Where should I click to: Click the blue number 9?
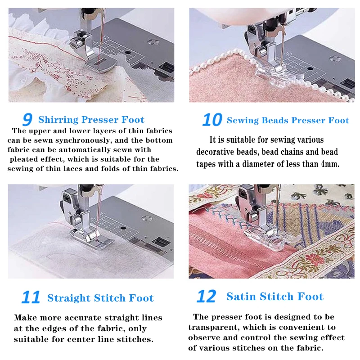click(27, 120)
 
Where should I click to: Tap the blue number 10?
click(212, 120)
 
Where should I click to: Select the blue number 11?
click(31, 297)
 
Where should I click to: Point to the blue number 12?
click(207, 296)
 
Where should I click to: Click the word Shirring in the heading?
click(58, 120)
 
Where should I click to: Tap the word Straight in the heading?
click(69, 298)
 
